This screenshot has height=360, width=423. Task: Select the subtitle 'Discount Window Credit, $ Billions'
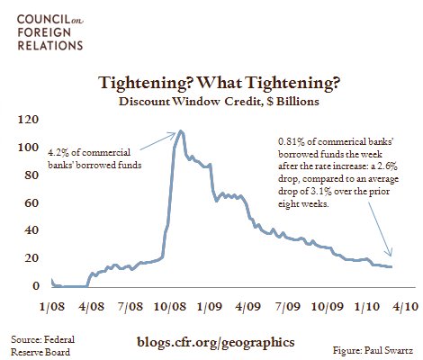[x=211, y=102]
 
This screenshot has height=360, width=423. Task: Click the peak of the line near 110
[x=182, y=131]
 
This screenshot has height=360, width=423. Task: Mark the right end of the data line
[x=391, y=266]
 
